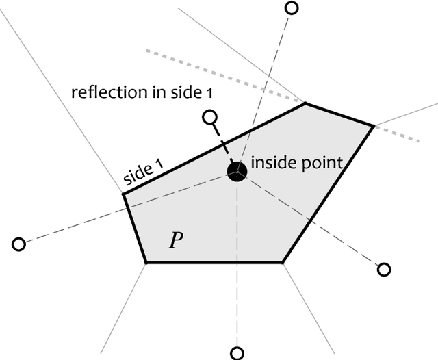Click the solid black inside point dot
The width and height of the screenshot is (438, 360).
click(237, 171)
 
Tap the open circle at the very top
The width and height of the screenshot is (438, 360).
click(292, 8)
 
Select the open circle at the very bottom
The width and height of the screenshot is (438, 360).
click(237, 353)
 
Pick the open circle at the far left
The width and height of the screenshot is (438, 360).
click(19, 244)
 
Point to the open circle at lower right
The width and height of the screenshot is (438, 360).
click(384, 270)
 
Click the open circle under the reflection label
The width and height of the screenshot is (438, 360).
click(211, 118)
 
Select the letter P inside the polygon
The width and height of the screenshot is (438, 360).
click(176, 240)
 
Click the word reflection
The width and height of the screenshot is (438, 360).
click(102, 92)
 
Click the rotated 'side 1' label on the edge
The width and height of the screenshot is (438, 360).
click(144, 170)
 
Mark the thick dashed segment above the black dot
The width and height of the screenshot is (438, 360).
click(223, 144)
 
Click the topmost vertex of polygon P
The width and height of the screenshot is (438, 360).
click(305, 103)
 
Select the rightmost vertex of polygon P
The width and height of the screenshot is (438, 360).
click(373, 126)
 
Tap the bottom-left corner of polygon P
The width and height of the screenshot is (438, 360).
click(146, 261)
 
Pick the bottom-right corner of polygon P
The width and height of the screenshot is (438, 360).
click(283, 261)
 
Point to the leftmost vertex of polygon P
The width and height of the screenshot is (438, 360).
click(123, 194)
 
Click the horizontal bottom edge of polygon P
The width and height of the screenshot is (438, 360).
click(214, 261)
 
